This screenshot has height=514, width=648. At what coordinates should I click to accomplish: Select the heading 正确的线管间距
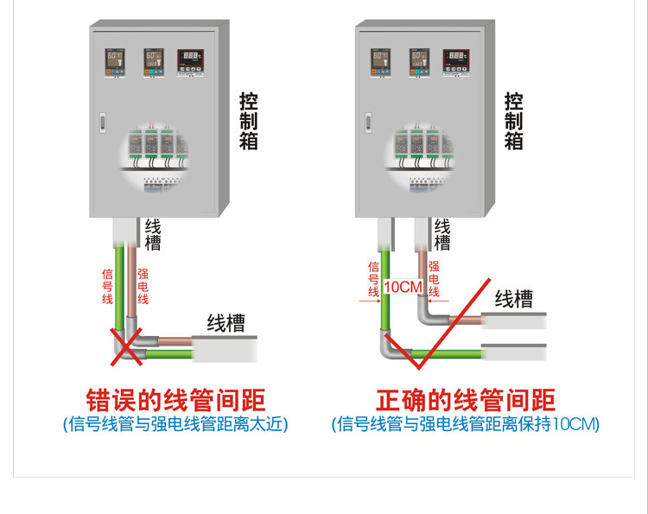click(x=466, y=400)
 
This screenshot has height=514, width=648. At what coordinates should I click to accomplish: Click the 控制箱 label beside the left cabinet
click(x=249, y=121)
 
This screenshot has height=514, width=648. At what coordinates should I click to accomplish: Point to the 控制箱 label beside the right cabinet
click(x=514, y=121)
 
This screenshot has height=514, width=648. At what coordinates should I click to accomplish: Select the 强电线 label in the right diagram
click(x=434, y=279)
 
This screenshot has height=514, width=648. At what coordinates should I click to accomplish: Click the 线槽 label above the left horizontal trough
click(x=226, y=323)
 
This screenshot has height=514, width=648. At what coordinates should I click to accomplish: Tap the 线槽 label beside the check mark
click(x=513, y=299)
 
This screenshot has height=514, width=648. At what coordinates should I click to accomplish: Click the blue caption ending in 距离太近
click(x=175, y=424)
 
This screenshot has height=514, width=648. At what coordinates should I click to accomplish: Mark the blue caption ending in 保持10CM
click(x=466, y=424)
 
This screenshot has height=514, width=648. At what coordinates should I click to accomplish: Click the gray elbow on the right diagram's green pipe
click(x=384, y=346)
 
